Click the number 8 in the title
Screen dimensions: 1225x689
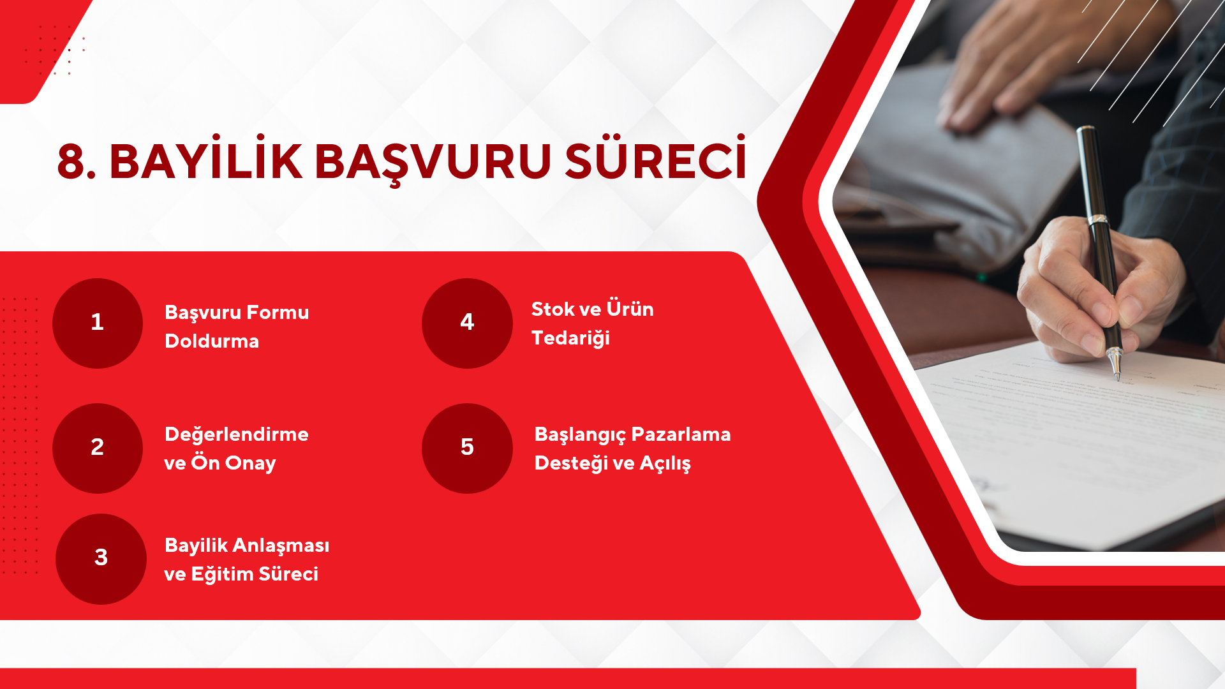[71, 161]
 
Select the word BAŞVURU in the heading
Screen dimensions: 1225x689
[433, 163]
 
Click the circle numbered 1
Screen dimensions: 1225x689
[98, 323]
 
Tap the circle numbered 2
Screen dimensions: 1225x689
[98, 448]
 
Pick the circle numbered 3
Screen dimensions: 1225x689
[101, 559]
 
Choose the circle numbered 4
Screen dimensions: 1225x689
[467, 323]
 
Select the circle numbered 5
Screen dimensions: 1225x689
[467, 448]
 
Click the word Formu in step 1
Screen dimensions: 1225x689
[278, 312]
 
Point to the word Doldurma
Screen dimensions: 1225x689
[212, 341]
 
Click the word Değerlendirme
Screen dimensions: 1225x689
[237, 434]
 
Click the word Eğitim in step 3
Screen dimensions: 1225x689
[222, 574]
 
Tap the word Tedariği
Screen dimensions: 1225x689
[570, 338]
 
